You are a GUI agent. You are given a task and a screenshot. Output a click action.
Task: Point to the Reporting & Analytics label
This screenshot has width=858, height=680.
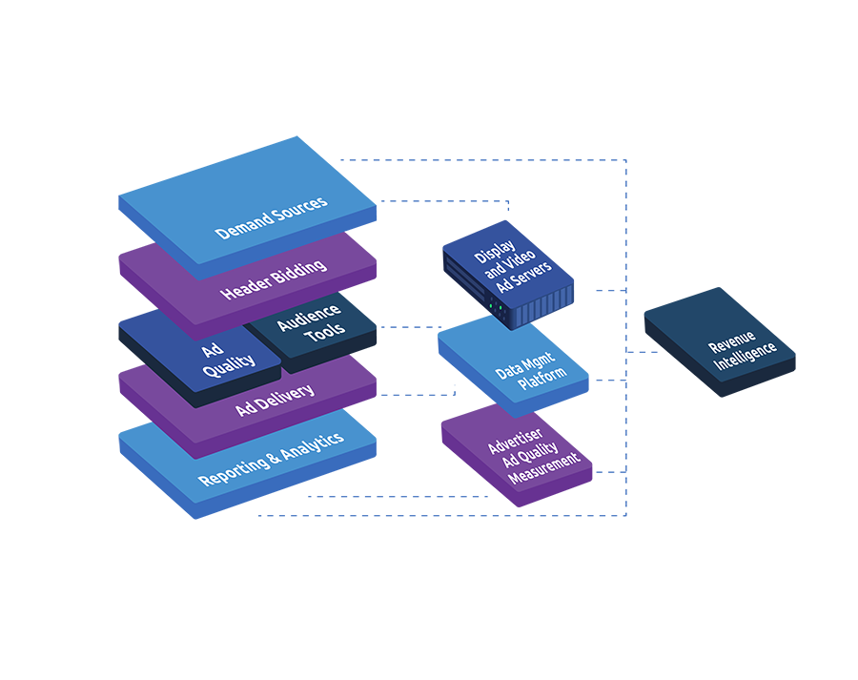click(x=271, y=459)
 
